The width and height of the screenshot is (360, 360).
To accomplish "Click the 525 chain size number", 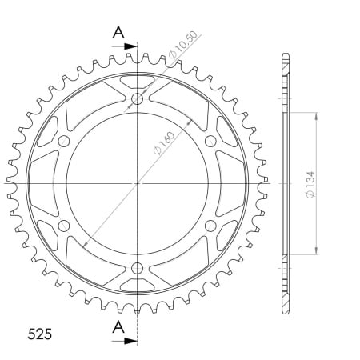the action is [x=39, y=334].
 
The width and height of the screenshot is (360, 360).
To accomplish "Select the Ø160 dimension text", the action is [x=164, y=143].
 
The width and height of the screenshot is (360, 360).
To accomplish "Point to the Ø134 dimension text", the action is [x=310, y=185].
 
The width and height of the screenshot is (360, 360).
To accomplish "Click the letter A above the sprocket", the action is [x=118, y=33].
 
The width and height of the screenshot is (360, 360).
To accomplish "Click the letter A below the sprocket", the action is [x=118, y=327].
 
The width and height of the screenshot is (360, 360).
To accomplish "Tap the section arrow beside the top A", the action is [x=124, y=46].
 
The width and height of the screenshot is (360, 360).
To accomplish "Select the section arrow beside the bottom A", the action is [x=124, y=341].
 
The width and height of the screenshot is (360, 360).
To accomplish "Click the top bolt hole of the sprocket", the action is [x=138, y=99].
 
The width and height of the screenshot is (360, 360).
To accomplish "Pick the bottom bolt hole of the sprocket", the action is [x=137, y=268].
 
